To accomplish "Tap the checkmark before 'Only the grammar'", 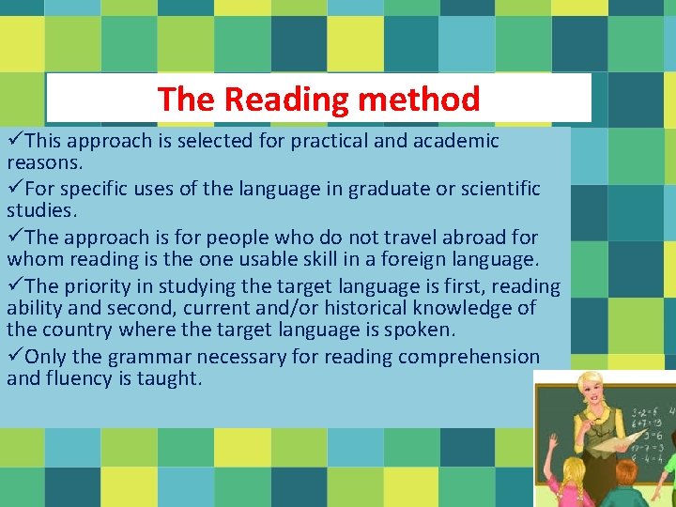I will pos(15,357).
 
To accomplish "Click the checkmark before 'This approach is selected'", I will pos(15,141).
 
